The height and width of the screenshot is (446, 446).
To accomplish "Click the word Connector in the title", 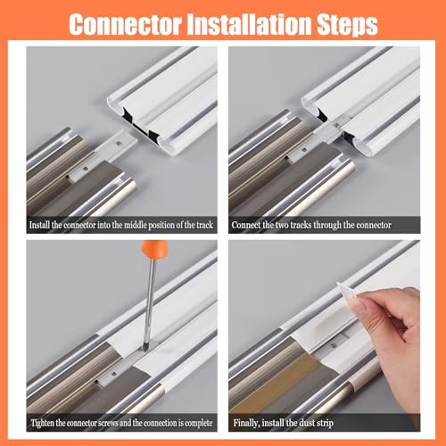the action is coord(125,24).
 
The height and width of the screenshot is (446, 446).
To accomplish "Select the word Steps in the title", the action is coord(347,26).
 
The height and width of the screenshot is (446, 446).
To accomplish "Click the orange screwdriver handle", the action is coord(154,250).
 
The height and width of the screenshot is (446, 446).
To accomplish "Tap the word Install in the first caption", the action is coord(39,225).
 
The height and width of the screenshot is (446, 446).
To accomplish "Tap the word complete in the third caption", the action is coord(199,423).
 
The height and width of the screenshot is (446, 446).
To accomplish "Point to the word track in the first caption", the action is coord(204,225).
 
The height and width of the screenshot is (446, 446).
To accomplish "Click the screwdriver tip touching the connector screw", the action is coord(146,347).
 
